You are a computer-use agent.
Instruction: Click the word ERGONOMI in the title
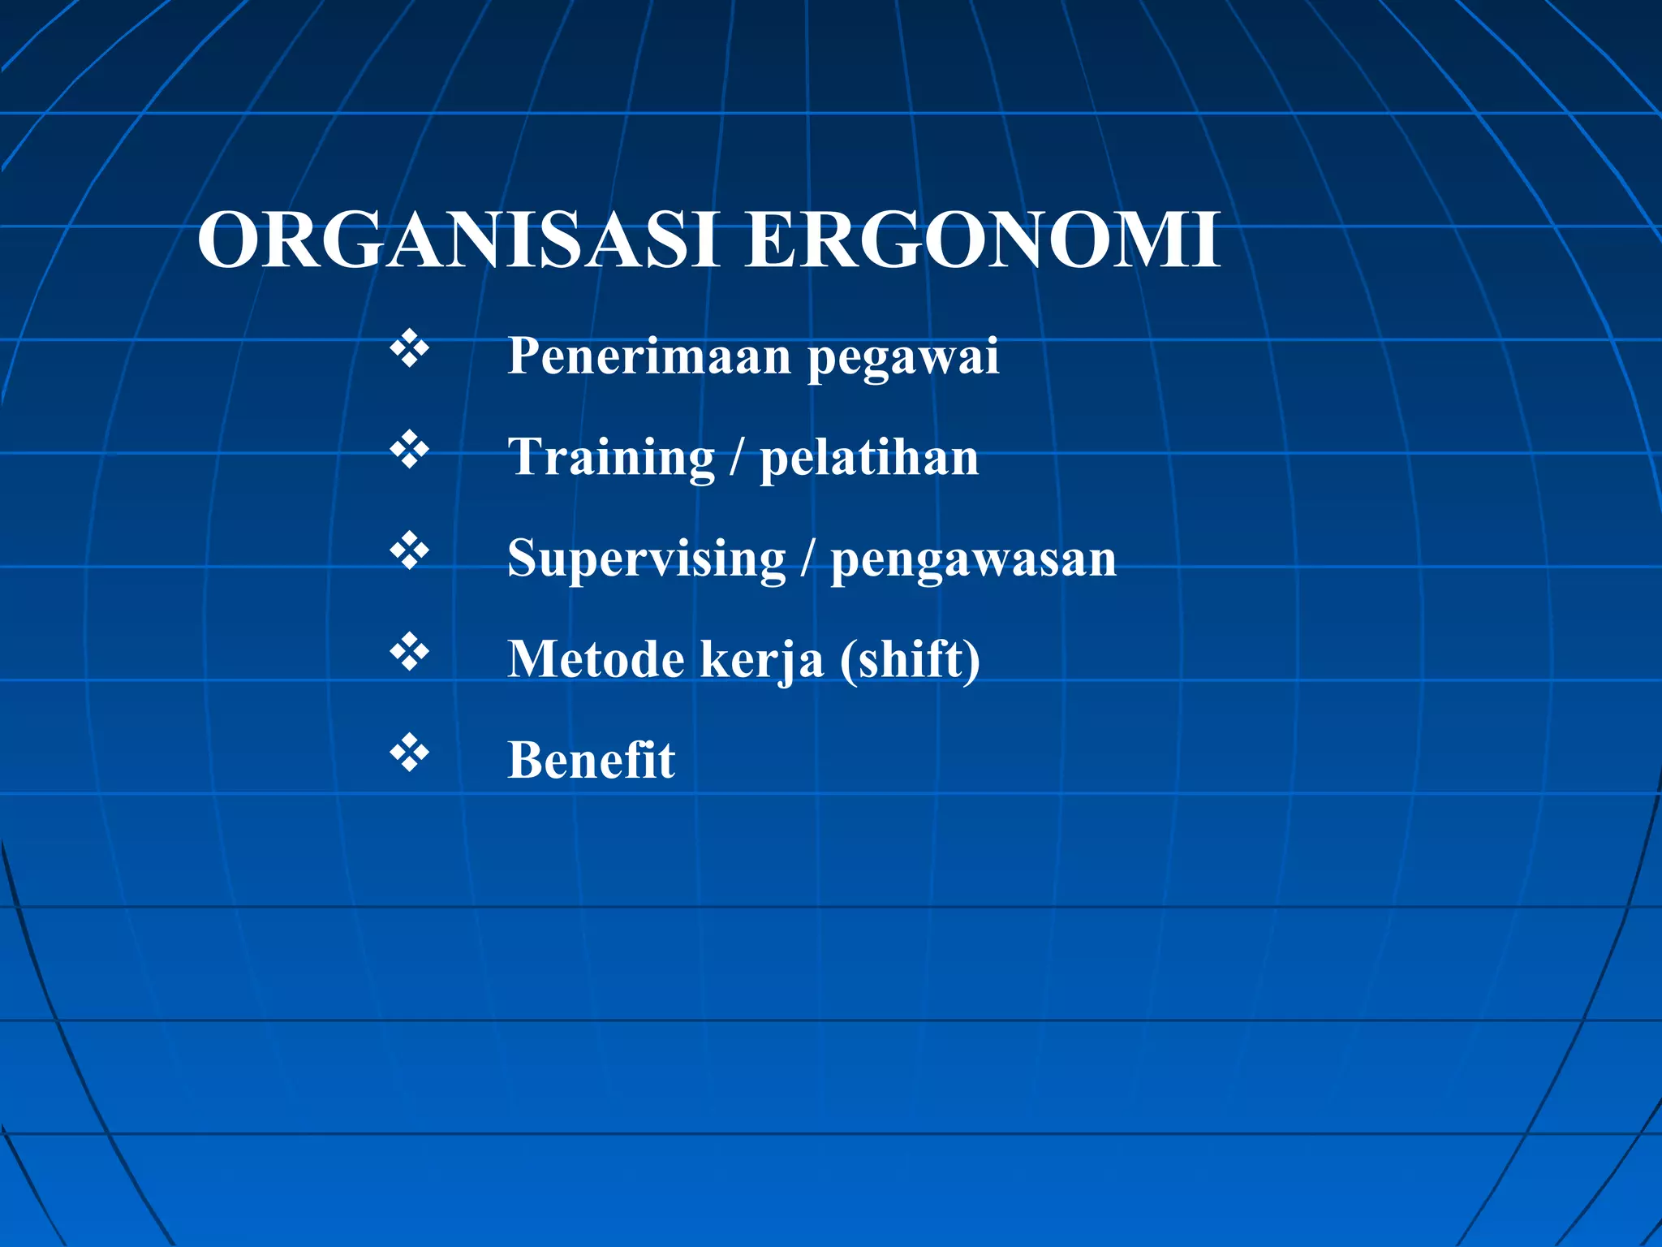(x=982, y=240)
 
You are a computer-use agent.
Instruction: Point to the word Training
(x=611, y=458)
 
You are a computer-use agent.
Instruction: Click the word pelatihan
(x=869, y=458)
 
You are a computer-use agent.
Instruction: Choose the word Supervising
(x=647, y=559)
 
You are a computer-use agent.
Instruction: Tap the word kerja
(x=761, y=660)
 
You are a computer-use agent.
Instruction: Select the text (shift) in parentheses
(x=910, y=659)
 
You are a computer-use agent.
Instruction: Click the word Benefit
(x=591, y=760)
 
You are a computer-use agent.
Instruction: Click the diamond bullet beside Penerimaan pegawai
(x=409, y=349)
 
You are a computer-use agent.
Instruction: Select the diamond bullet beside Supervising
(x=409, y=551)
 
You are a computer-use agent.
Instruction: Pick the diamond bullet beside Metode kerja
(x=409, y=652)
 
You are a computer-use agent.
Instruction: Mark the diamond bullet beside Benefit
(x=409, y=753)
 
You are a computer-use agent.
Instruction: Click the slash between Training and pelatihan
(x=736, y=458)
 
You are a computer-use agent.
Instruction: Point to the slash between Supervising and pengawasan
(x=807, y=559)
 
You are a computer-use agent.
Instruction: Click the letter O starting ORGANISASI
(x=230, y=240)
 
